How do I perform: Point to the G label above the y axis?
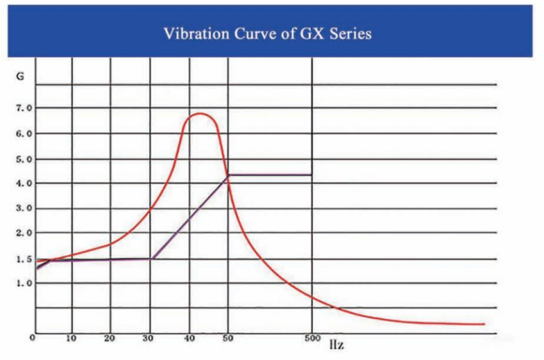point(19,76)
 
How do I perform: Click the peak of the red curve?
point(199,113)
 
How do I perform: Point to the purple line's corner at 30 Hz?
point(151,259)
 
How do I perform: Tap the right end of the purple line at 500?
point(311,175)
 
